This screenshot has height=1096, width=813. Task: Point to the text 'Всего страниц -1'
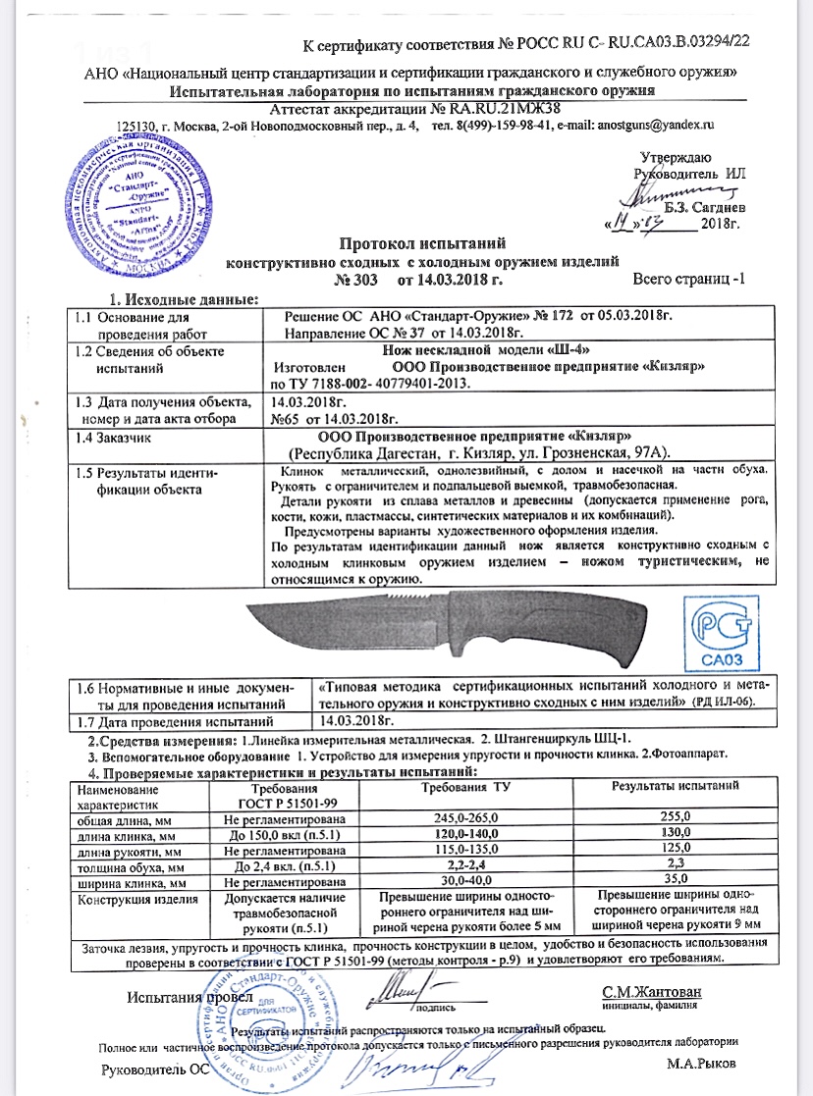(688, 280)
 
